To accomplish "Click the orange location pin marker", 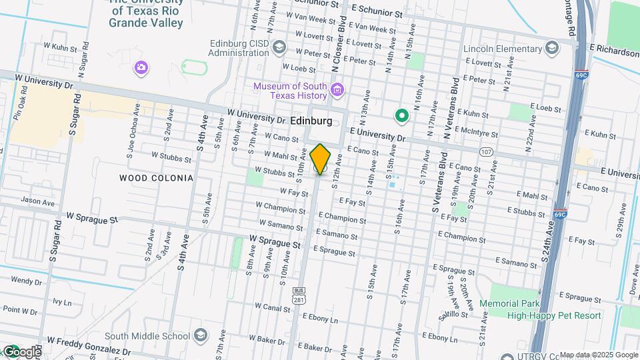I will tap(321, 159).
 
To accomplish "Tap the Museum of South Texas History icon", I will tap(337, 90).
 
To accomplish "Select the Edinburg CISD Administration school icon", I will tap(279, 47).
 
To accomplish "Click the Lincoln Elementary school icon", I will tap(552, 48).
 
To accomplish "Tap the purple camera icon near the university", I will tap(141, 67).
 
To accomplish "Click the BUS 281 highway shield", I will tap(298, 295).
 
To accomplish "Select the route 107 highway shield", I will tap(486, 152).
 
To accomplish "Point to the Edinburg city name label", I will tap(311, 121).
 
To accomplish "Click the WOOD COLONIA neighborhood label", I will tap(156, 178).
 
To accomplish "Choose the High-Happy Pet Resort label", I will tap(554, 315).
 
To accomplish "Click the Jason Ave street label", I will tap(38, 201).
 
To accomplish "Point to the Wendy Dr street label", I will tap(26, 281).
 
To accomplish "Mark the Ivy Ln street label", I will tap(62, 302).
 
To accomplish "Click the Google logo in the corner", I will tap(21, 351).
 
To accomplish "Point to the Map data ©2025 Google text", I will tap(598, 355).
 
